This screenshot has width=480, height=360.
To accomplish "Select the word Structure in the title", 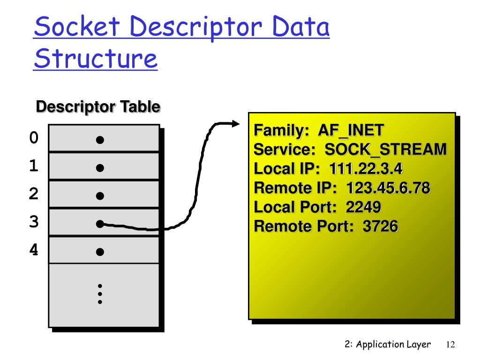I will [95, 60].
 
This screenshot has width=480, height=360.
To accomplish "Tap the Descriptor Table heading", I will [98, 107].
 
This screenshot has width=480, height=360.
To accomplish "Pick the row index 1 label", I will [33, 166].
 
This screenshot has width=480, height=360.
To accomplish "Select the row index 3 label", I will [33, 222].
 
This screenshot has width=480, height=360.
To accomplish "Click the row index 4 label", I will [33, 250].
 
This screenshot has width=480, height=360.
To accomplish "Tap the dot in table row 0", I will [100, 140].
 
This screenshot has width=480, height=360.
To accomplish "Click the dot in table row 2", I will [100, 196].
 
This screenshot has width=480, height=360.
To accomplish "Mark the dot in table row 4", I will [100, 252].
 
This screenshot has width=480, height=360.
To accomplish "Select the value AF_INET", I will [351, 130].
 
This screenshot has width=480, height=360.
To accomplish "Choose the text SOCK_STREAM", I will [385, 150].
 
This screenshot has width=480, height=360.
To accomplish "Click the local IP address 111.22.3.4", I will [366, 169].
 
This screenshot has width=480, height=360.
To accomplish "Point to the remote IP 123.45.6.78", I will [388, 188].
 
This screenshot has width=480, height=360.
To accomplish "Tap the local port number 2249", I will [363, 207].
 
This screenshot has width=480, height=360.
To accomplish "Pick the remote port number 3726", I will [380, 226].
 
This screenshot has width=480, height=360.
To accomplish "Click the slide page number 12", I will [450, 345].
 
